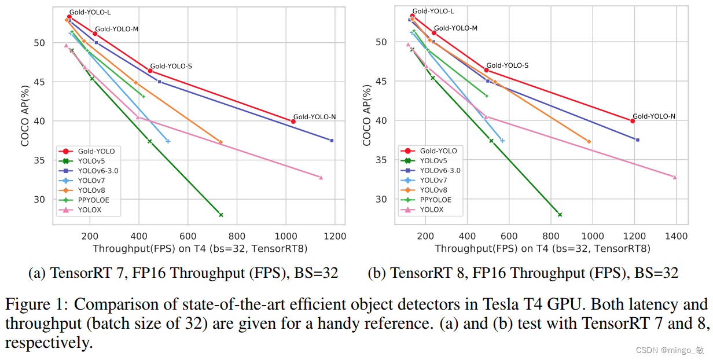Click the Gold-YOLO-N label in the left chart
click(x=314, y=117)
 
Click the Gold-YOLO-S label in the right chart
click(x=507, y=65)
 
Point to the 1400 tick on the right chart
click(x=677, y=236)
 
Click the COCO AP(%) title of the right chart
click(x=367, y=115)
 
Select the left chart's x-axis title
click(x=200, y=249)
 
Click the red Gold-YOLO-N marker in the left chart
click(x=293, y=122)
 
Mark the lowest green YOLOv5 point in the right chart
click(x=560, y=215)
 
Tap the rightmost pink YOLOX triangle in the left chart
click(x=321, y=177)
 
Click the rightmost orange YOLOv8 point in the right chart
click(x=589, y=141)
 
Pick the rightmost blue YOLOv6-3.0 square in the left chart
click(x=332, y=141)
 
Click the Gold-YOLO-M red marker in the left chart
click(x=95, y=34)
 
